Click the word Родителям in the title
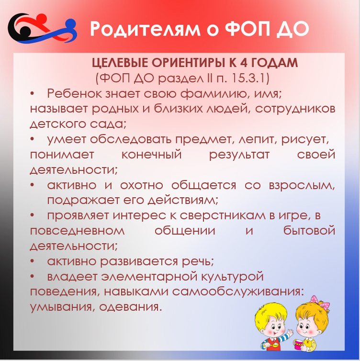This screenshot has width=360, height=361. pyautogui.click(x=145, y=29)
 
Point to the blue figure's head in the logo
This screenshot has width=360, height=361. pyautogui.click(x=71, y=24)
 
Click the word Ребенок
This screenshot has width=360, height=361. pyautogui.click(x=74, y=93)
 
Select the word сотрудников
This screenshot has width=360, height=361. pyautogui.click(x=295, y=109)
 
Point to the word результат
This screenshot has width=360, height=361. pyautogui.click(x=239, y=155)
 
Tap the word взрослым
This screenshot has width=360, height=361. pyautogui.click(x=302, y=185)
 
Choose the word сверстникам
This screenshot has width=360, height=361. pyautogui.click(x=223, y=216)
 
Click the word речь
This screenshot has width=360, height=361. pyautogui.click(x=198, y=261)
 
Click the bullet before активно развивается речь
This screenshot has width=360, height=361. pyautogui.click(x=32, y=261)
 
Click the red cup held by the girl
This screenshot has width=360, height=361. pyautogui.click(x=299, y=344)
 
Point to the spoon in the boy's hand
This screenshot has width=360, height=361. pyautogui.click(x=272, y=345)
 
